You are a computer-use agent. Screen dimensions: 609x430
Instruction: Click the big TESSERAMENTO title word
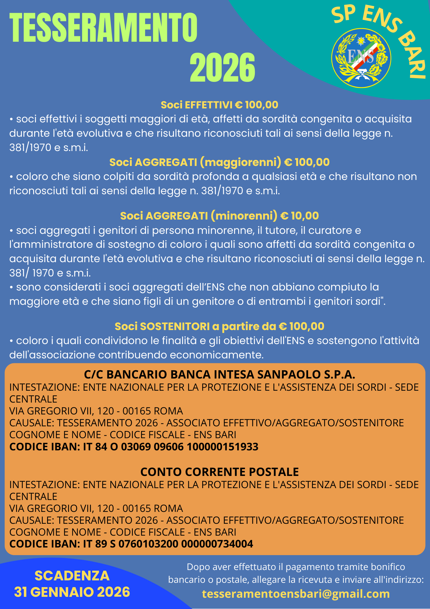[103, 28]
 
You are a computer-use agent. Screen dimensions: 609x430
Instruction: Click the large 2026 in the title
[222, 67]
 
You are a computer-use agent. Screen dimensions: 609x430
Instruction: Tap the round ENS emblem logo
[361, 58]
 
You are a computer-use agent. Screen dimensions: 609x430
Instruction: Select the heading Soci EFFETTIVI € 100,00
[219, 105]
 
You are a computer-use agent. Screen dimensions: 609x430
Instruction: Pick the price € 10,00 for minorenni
[299, 216]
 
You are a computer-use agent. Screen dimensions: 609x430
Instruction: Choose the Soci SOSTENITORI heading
[219, 326]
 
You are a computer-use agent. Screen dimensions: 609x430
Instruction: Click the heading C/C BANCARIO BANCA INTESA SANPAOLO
[219, 374]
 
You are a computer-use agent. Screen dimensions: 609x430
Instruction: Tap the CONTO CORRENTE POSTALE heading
[219, 472]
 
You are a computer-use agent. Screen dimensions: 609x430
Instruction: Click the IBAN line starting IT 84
[134, 447]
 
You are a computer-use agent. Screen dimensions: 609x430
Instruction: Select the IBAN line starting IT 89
[131, 544]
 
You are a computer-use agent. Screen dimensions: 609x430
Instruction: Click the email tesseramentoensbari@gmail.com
[296, 593]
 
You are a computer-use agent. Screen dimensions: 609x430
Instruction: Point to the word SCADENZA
[72, 576]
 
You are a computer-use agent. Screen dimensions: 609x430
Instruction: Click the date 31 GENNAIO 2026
[72, 592]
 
